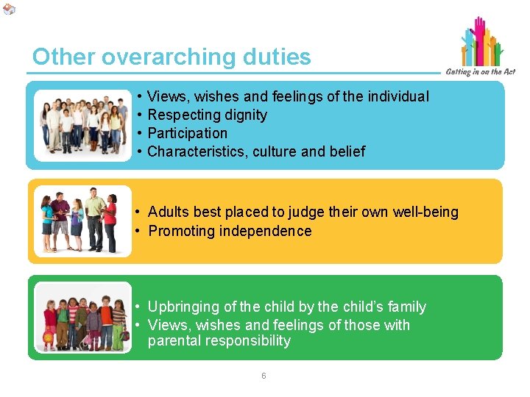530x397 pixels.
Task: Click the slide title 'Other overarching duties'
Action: (172, 57)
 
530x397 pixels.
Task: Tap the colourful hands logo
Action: (482, 42)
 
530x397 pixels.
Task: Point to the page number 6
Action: (264, 376)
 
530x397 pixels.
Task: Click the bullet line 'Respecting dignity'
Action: (207, 115)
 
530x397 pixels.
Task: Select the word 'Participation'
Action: (187, 133)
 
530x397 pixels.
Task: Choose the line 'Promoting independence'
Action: (230, 231)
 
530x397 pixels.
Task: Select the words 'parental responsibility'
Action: (219, 341)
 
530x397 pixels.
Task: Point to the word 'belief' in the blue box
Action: (347, 151)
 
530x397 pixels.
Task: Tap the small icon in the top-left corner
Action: (8, 8)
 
